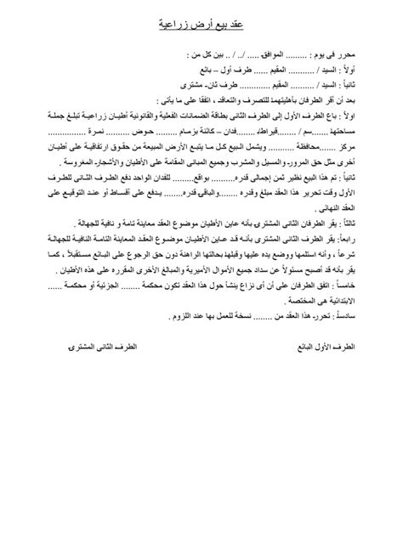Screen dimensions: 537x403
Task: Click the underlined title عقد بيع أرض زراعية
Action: tap(201, 25)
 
